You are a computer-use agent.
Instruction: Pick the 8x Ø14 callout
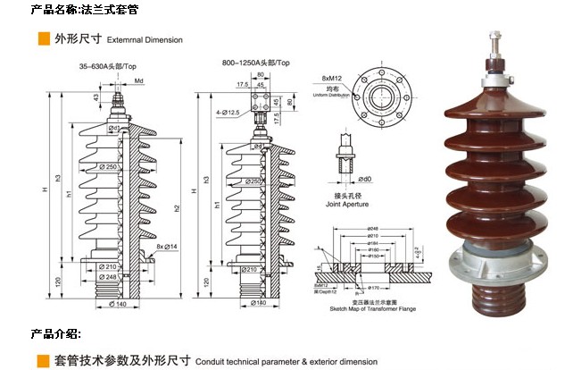166,246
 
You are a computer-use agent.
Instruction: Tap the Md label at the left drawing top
139,80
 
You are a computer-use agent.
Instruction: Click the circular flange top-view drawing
384,89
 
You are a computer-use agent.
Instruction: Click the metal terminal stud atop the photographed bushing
492,54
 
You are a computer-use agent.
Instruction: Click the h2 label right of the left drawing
178,208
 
